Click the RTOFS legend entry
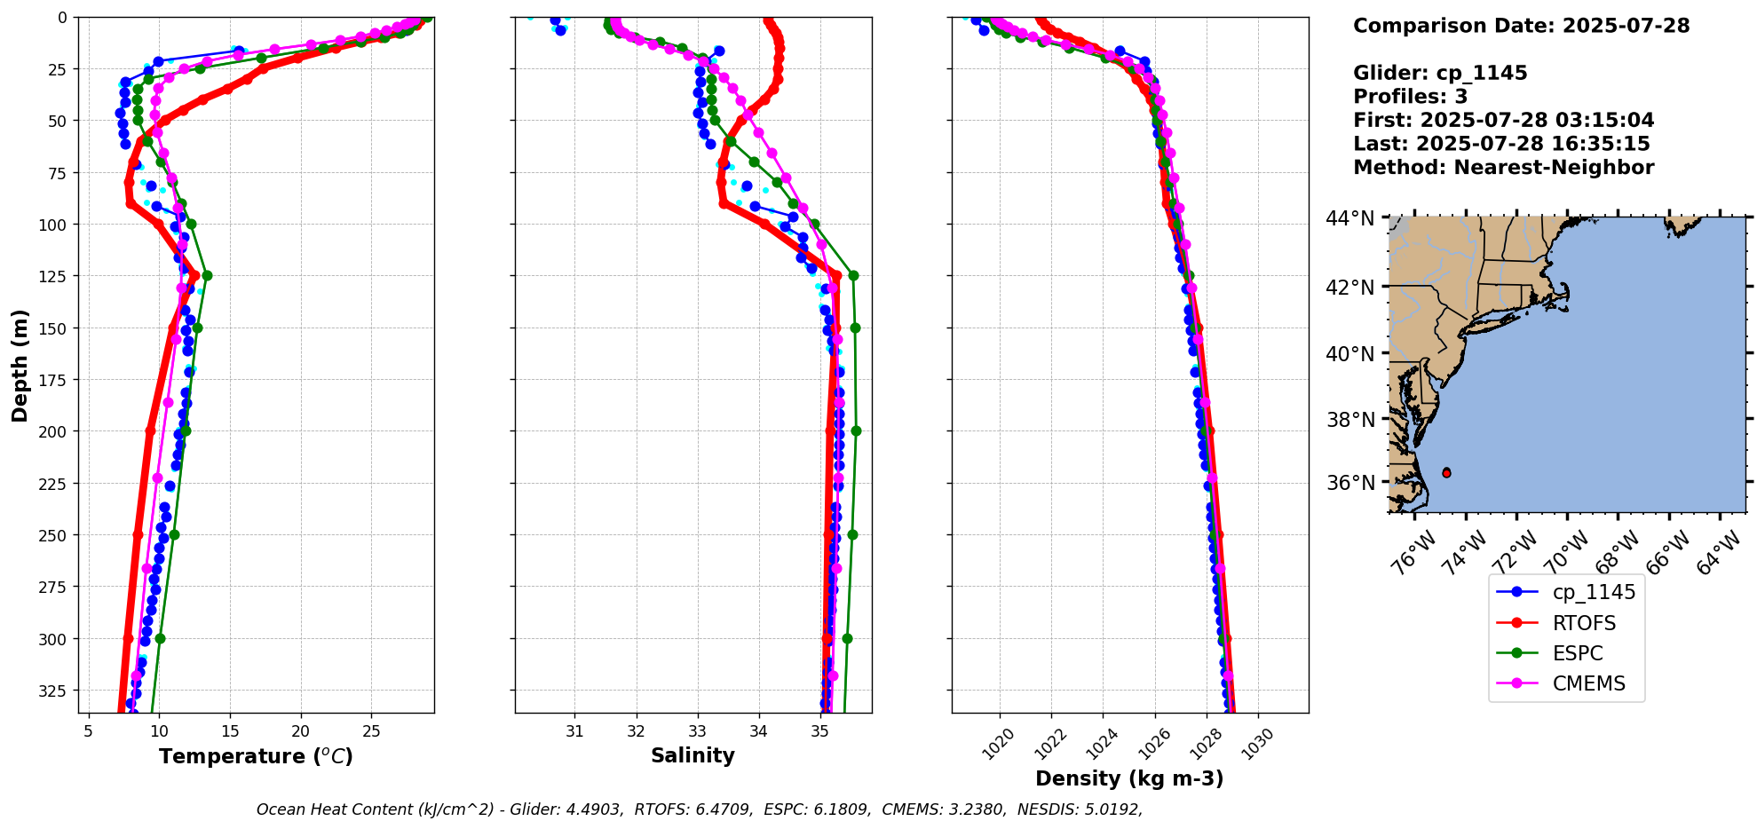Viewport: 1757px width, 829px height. click(x=1583, y=623)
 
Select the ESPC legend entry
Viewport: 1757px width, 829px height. click(x=1577, y=653)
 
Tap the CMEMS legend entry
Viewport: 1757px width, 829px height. click(x=1588, y=683)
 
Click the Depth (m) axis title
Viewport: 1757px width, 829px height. click(x=20, y=365)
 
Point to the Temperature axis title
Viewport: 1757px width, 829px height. click(x=256, y=756)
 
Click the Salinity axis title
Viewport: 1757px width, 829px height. click(x=693, y=755)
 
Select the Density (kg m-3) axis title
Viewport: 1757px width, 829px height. click(x=1129, y=778)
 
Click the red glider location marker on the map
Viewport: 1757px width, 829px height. click(x=1446, y=473)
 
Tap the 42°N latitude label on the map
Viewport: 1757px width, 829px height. click(x=1349, y=287)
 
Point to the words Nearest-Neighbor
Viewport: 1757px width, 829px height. click(x=1554, y=168)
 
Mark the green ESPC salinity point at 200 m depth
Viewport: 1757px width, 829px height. click(x=856, y=431)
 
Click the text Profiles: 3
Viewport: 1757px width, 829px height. click(x=1410, y=97)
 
